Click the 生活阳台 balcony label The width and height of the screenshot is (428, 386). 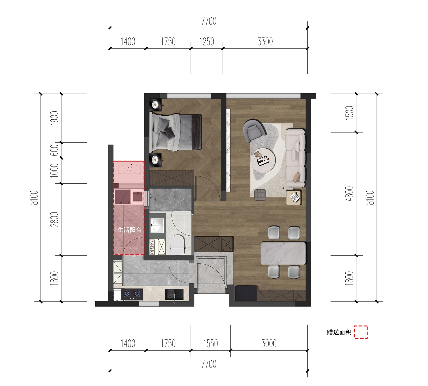[x=129, y=230]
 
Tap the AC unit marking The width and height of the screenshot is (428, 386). [x=129, y=169]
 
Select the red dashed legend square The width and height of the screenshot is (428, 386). [x=361, y=332]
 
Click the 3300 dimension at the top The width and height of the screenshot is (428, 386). [x=265, y=42]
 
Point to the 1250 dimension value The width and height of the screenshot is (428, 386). [x=207, y=42]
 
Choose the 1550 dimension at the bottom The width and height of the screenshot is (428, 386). [x=211, y=343]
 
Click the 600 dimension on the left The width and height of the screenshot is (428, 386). [x=54, y=150]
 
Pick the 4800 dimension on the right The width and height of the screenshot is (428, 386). [x=349, y=194]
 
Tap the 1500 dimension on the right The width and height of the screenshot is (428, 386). [x=349, y=113]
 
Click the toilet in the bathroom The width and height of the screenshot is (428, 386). [x=178, y=245]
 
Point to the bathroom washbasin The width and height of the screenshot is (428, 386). [x=157, y=226]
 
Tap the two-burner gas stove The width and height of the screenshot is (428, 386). [x=132, y=294]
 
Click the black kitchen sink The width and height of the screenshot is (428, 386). [x=174, y=294]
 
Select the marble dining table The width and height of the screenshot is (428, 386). [x=283, y=253]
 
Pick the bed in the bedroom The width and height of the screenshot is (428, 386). [x=176, y=132]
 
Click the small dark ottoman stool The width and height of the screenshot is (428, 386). [x=261, y=195]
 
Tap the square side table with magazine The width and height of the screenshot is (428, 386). [x=294, y=198]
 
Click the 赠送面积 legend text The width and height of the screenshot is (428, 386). [x=339, y=332]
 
